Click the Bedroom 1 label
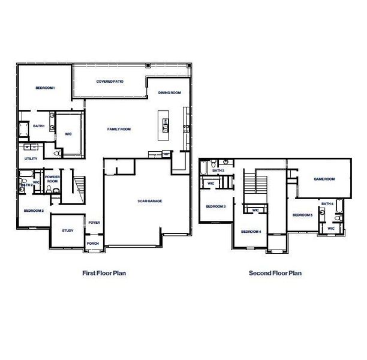coord(45,88)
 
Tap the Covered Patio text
coord(110,81)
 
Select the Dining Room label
coord(170,93)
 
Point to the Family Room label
coord(119,129)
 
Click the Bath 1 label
coord(39,126)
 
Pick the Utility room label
coord(31,158)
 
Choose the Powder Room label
coord(52,179)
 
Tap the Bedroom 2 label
coord(34,211)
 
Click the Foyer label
coord(94,223)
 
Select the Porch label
coord(92,243)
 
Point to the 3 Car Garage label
coord(149,201)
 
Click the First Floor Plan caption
coord(104,273)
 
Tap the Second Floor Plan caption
coord(275,273)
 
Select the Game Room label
coord(324,179)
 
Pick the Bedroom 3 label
coord(215,206)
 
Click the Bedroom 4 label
coord(251,232)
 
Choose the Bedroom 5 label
coord(303,215)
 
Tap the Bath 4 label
coord(327,204)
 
